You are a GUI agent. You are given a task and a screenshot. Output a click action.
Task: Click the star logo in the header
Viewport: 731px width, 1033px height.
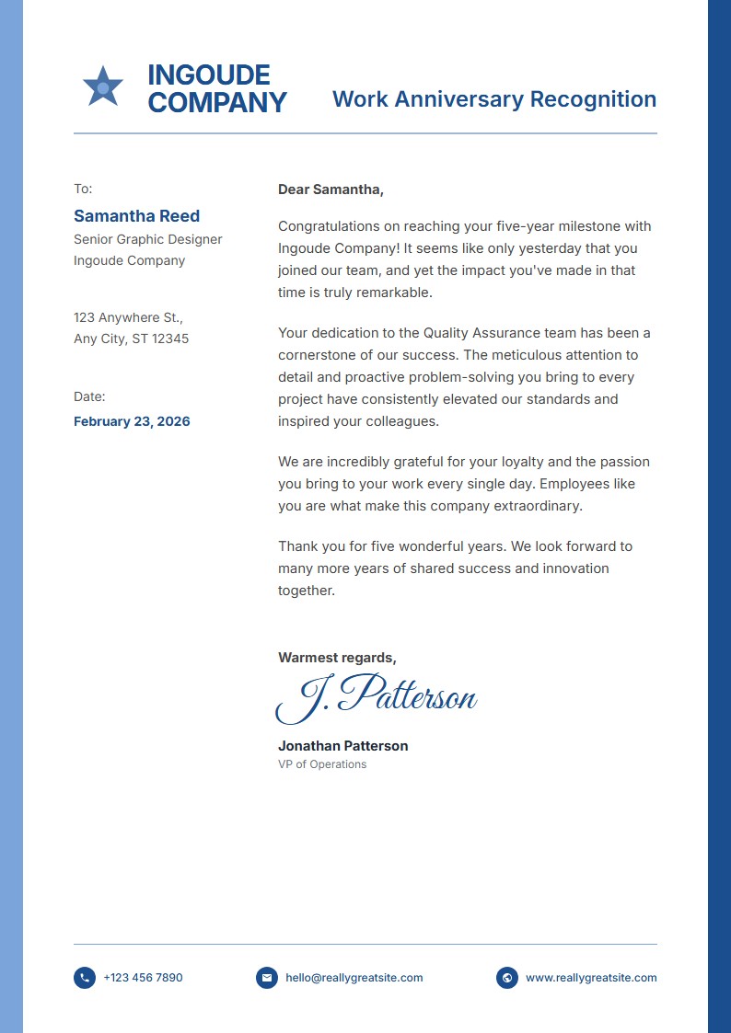coord(102,87)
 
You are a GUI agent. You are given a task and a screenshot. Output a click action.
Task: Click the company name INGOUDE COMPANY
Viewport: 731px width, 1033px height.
coord(216,88)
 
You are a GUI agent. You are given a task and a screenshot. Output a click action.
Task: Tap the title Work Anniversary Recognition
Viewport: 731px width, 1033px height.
coord(493,99)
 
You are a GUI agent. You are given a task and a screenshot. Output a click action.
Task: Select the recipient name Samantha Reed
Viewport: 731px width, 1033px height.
coord(136,216)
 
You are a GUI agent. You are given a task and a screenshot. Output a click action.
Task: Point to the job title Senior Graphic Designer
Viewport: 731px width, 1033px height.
coord(147,239)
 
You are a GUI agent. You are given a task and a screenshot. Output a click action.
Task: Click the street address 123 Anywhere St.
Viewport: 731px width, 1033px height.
coord(128,317)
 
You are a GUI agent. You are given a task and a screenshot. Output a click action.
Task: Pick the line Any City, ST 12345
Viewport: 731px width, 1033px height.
coord(131,339)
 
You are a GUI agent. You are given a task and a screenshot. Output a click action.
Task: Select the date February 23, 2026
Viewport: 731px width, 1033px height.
coord(132,421)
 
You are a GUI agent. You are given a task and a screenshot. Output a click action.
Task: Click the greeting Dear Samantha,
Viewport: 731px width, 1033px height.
coord(331,189)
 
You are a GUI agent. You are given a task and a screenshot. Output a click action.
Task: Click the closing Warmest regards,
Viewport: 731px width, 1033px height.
coord(337,658)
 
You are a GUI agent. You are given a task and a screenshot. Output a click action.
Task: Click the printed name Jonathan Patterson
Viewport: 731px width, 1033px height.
coord(342,746)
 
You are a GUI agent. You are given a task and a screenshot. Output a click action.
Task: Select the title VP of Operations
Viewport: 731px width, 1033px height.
coord(322,764)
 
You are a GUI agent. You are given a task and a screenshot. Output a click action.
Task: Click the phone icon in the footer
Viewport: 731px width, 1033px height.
coord(85,978)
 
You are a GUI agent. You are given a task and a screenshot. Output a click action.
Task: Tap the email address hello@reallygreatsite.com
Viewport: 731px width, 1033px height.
coord(354,978)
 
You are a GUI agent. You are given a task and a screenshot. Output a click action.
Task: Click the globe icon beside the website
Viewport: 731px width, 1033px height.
coord(506,978)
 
